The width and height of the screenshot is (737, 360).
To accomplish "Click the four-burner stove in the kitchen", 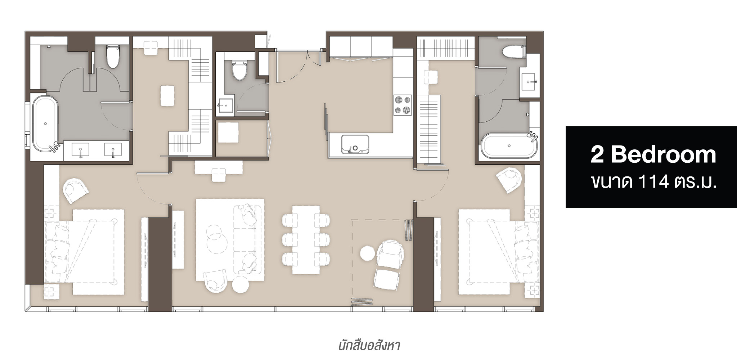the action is click(403, 105).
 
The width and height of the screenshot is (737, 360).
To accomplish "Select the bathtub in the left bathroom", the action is click(45, 122).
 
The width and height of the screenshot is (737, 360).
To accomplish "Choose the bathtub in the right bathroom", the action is click(509, 145).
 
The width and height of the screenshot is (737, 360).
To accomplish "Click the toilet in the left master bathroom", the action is click(113, 57).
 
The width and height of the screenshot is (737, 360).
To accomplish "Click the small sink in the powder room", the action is click(225, 105).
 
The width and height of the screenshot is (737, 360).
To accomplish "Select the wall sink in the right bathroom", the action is click(530, 82).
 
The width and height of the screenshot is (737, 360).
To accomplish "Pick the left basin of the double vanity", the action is click(81, 150).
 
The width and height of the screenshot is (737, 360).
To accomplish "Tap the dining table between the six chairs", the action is click(306, 240).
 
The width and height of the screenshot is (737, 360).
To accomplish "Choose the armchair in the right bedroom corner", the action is click(509, 181).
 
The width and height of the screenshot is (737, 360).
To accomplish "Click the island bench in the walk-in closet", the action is click(167, 95).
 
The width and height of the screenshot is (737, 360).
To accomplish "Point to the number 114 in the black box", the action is click(651, 183).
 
